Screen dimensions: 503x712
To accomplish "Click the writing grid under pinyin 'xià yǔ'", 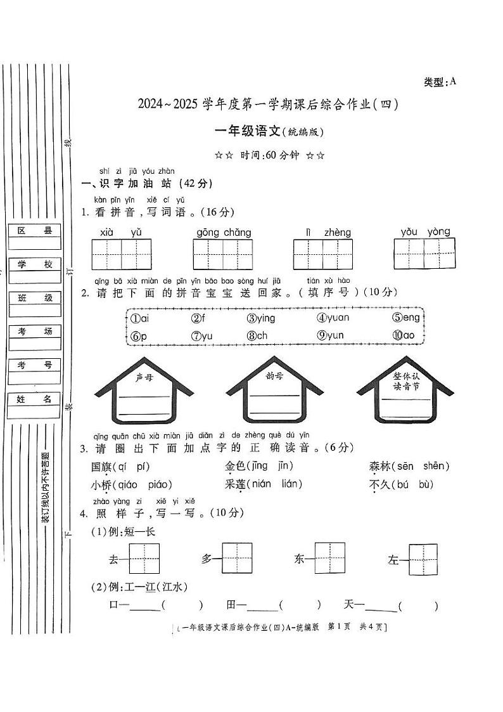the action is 122,254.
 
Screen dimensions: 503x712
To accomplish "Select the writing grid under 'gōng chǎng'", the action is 223,255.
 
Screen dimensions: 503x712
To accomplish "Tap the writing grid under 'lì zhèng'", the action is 322,254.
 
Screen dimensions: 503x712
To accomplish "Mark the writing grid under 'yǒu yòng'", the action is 424,254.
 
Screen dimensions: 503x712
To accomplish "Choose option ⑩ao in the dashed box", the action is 403,336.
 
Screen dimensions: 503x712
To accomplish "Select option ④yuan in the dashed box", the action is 333,318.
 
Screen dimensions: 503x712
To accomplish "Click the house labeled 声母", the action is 144,393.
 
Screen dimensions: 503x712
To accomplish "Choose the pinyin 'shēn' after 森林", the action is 435,467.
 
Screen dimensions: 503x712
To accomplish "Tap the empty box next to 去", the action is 145,559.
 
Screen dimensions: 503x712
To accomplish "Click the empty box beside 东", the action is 330,559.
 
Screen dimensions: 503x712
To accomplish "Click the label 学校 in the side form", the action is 35,264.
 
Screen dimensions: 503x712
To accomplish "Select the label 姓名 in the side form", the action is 35,399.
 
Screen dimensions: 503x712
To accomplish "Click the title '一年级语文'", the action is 247,131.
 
